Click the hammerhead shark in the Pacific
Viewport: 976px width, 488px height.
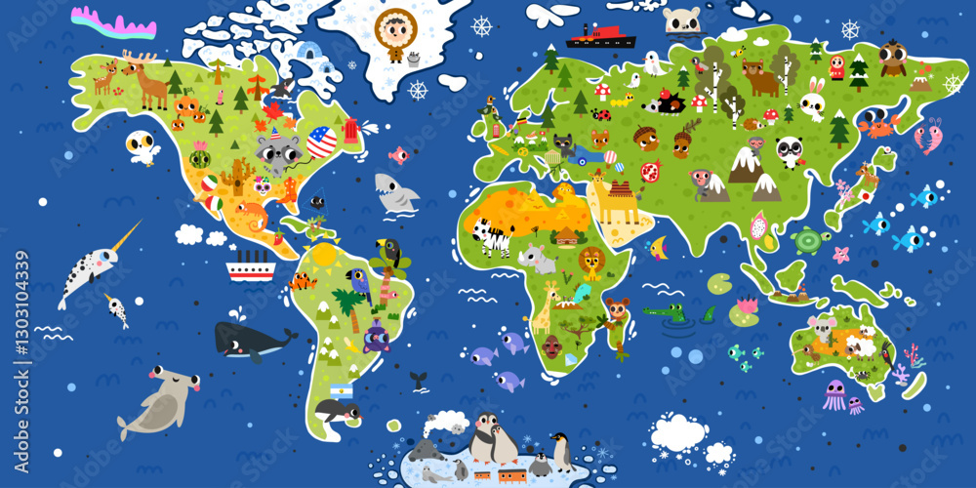(158, 398)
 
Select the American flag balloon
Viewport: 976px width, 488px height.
(321, 142)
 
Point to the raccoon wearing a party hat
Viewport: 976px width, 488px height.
(279, 151)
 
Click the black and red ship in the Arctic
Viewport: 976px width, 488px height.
(600, 36)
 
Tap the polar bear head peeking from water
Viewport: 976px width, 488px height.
(680, 20)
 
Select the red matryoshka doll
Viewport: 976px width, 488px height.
(836, 66)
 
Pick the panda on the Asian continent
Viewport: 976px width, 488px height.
(790, 150)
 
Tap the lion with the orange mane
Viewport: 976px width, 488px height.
(590, 262)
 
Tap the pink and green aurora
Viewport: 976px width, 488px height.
(113, 20)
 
